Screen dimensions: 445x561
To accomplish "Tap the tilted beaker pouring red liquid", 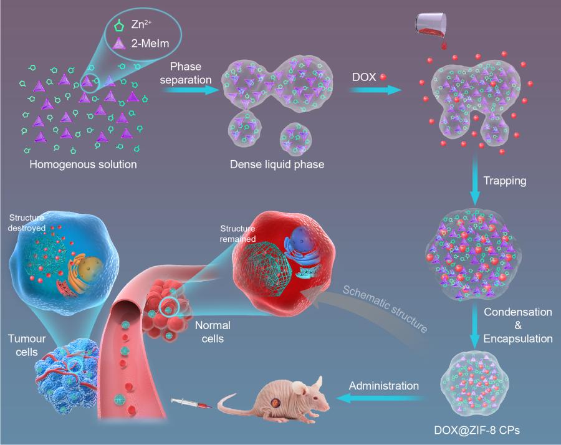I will click(429, 25).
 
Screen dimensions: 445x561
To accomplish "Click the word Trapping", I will click(505, 181).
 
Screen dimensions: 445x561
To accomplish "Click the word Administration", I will click(383, 386).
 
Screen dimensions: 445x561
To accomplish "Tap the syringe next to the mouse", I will click(193, 406).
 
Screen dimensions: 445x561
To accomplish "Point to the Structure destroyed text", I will click(27, 222).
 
